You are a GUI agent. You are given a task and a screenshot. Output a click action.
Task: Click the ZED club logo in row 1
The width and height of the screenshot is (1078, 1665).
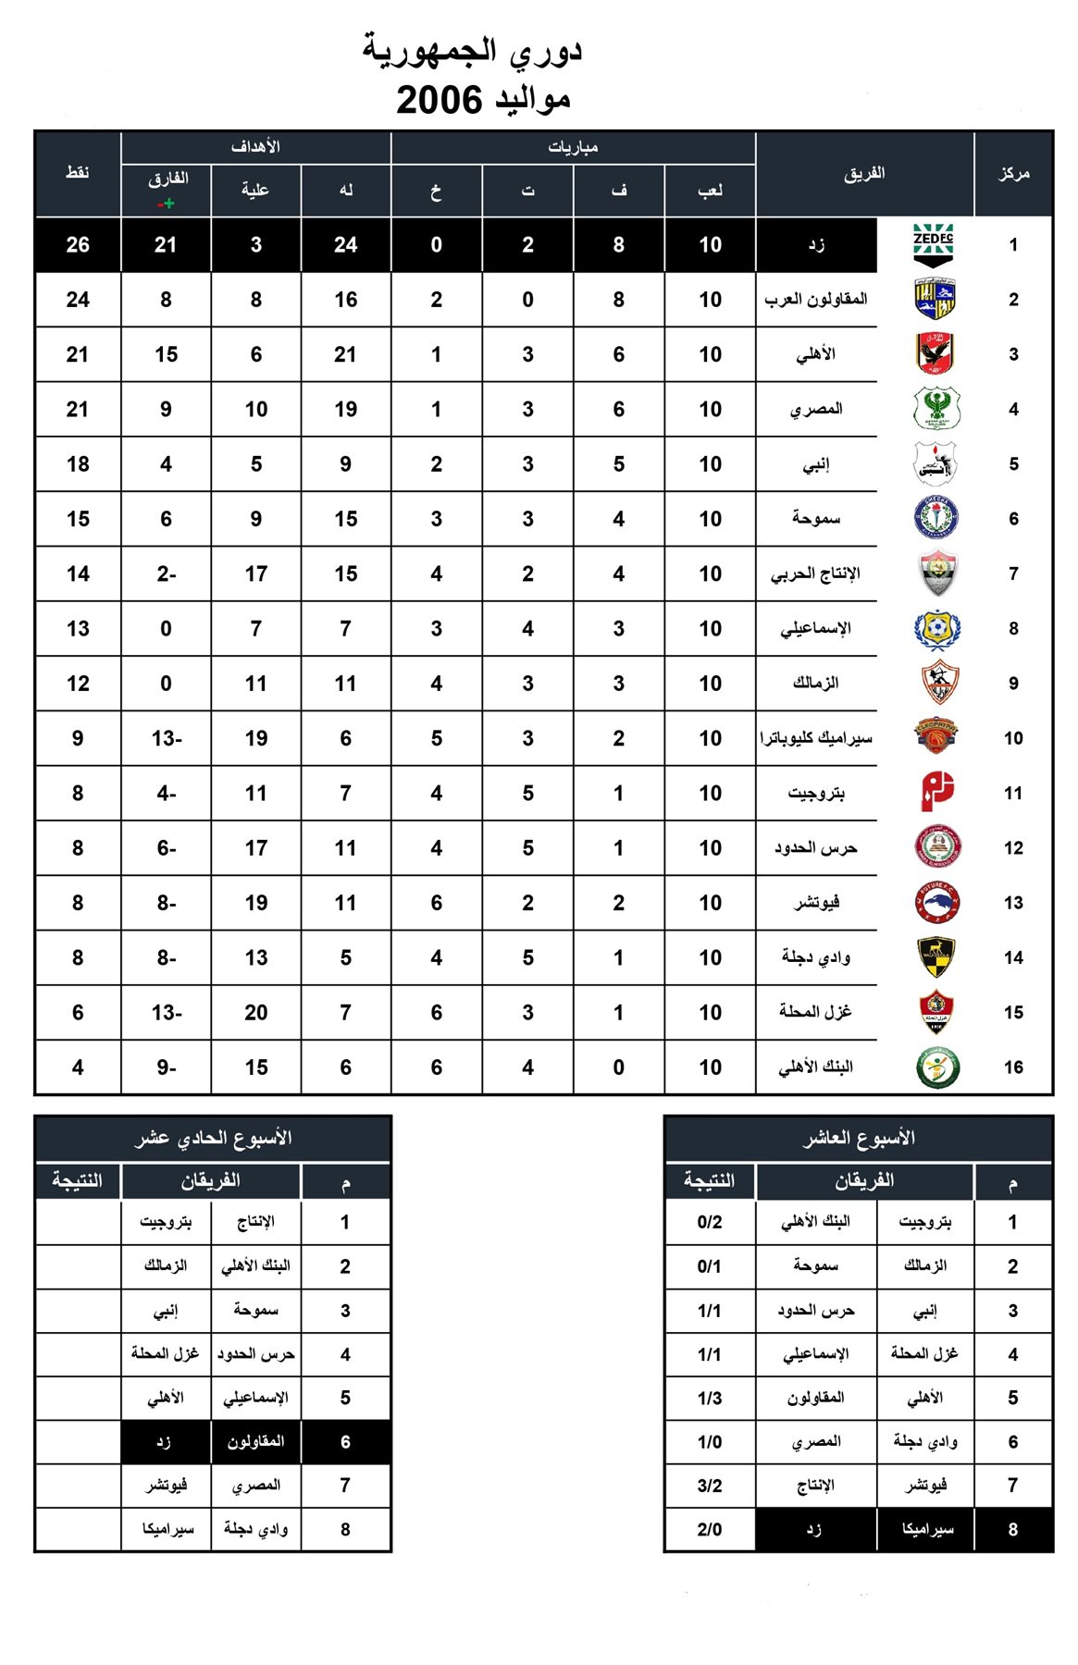click(933, 244)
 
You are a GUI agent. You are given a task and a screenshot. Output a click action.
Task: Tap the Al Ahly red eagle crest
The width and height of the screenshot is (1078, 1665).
click(936, 354)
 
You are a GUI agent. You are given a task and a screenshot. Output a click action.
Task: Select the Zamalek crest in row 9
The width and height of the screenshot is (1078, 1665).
click(938, 684)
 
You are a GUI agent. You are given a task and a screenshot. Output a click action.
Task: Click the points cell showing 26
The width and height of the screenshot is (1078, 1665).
click(78, 245)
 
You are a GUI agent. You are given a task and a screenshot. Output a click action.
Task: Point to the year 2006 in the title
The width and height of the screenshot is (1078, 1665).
click(440, 99)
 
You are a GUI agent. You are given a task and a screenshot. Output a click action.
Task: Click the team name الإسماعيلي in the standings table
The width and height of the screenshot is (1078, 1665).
click(815, 629)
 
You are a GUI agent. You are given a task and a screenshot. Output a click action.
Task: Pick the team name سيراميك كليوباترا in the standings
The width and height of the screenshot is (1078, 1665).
click(816, 738)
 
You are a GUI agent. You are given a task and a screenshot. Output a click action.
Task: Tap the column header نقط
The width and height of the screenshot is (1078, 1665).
click(78, 173)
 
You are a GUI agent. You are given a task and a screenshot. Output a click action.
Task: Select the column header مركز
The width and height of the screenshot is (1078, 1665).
click(1013, 173)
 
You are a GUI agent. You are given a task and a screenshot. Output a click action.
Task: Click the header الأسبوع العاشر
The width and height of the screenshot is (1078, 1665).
click(858, 1138)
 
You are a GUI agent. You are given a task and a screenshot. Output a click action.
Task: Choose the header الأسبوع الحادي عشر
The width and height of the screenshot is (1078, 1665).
click(213, 1138)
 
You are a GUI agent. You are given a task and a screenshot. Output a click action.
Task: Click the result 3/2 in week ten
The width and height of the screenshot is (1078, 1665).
click(710, 1486)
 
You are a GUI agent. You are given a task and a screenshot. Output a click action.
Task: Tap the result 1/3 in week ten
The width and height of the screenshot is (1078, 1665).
click(710, 1398)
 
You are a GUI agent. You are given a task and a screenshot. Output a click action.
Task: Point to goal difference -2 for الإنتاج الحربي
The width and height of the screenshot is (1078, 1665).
click(167, 574)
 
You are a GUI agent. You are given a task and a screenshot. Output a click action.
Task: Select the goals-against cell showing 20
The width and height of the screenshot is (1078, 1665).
click(256, 1013)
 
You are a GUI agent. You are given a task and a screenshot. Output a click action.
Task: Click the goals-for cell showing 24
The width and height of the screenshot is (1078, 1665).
click(346, 245)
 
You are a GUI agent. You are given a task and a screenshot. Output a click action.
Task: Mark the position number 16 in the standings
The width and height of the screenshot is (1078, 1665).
click(1013, 1067)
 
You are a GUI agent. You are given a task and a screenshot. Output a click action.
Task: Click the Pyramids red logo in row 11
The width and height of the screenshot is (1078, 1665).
click(936, 793)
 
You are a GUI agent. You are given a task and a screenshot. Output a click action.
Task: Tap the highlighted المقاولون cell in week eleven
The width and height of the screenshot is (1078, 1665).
click(256, 1442)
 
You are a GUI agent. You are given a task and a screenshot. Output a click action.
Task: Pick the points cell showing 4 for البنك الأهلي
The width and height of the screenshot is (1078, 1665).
click(78, 1067)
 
